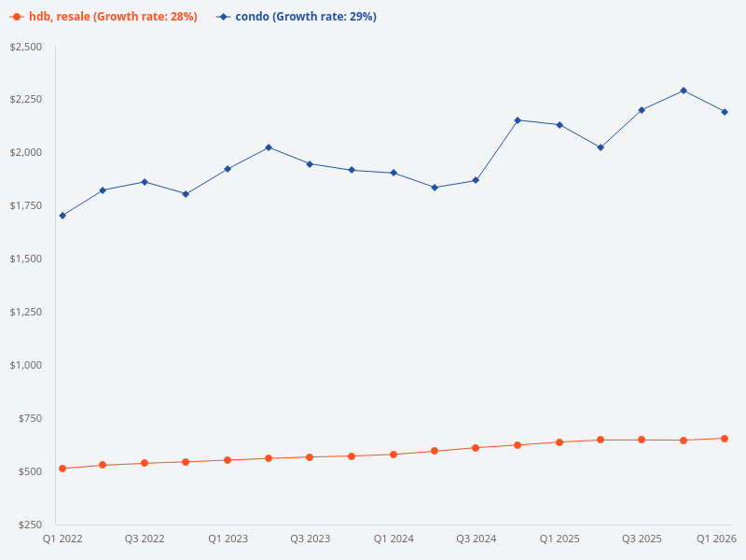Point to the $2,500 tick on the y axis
27,47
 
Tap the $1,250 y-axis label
27,312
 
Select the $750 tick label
31,418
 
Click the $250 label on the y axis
31,525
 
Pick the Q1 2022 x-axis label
62,539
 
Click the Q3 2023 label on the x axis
310,539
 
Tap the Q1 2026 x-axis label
717,539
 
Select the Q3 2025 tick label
642,539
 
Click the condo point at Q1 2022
62,216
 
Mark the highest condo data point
684,91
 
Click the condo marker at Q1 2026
725,112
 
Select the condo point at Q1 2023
228,169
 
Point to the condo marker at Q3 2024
476,180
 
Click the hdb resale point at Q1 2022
62,469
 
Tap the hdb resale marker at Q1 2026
725,439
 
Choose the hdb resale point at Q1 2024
394,455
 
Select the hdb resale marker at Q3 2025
642,440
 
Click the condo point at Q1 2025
559,125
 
